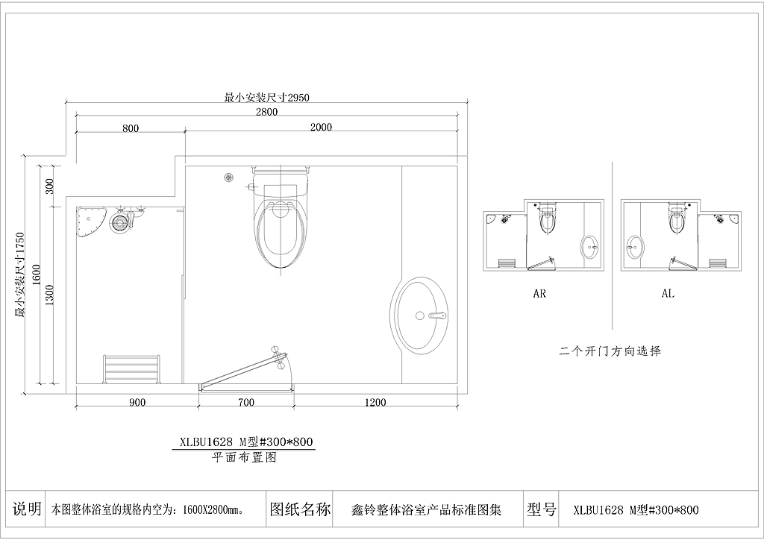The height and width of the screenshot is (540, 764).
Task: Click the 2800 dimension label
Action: pos(266,112)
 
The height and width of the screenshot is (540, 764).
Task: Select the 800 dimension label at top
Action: pos(131,128)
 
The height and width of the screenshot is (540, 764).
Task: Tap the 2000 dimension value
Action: pos(321,127)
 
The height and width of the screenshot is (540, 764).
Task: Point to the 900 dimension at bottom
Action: pos(137,403)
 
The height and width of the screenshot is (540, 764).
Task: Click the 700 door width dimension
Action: pos(246,403)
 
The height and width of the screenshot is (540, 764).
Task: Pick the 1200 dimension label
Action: pos(375,403)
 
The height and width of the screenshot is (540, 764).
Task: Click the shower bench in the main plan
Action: pos(132,368)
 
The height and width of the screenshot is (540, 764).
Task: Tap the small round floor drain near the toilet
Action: pos(229,178)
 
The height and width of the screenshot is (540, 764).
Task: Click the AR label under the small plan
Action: pos(539,294)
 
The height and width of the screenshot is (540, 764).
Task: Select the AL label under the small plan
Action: pos(668,294)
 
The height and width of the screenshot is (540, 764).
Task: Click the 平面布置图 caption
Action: pos(244,458)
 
